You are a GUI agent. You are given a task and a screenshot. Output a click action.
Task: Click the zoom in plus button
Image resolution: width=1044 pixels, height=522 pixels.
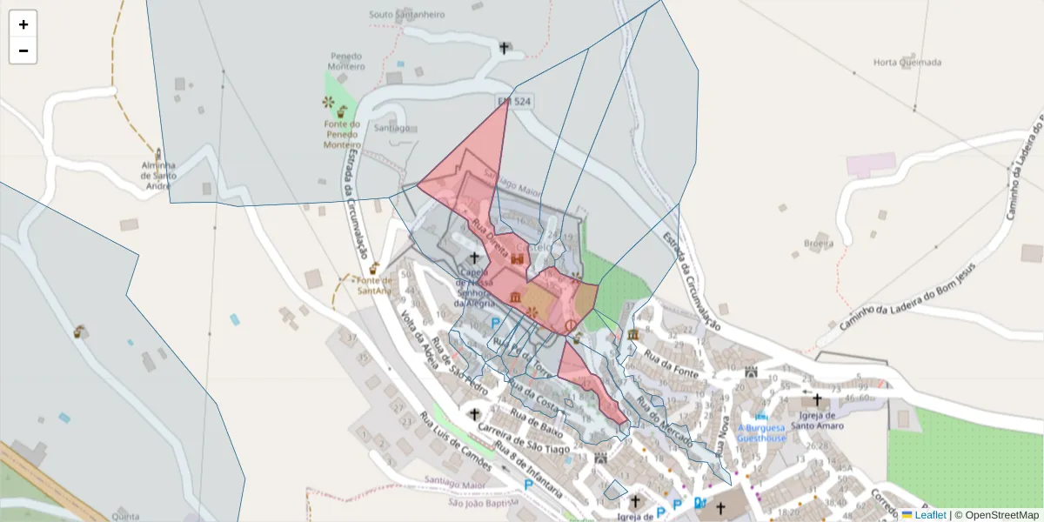(x=23, y=24)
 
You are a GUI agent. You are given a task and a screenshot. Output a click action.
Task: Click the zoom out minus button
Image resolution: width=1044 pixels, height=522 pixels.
(x=23, y=50)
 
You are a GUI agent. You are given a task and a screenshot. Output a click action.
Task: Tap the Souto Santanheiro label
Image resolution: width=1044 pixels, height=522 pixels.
(x=406, y=15)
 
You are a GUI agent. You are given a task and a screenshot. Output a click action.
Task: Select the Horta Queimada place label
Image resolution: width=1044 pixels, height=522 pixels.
(x=907, y=63)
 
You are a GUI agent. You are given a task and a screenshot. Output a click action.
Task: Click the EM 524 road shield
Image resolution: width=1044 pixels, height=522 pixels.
(x=514, y=102)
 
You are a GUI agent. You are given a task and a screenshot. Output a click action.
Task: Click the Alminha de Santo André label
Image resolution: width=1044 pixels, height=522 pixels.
(x=159, y=175)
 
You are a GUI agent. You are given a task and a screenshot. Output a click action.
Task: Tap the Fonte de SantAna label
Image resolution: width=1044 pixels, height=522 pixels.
(x=375, y=284)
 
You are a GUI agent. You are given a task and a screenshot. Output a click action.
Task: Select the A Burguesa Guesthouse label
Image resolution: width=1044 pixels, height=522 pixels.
(x=761, y=432)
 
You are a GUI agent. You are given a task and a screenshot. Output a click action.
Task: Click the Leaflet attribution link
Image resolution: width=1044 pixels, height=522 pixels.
(x=929, y=515)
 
